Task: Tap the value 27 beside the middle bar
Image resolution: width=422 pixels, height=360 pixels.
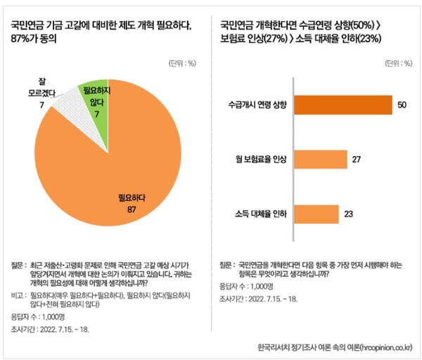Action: click(x=357, y=159)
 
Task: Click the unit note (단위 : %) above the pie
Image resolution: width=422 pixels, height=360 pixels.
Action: click(x=182, y=63)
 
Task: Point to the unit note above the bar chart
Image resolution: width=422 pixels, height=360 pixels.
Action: click(x=395, y=63)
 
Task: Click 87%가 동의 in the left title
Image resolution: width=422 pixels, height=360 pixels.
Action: click(x=34, y=39)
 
